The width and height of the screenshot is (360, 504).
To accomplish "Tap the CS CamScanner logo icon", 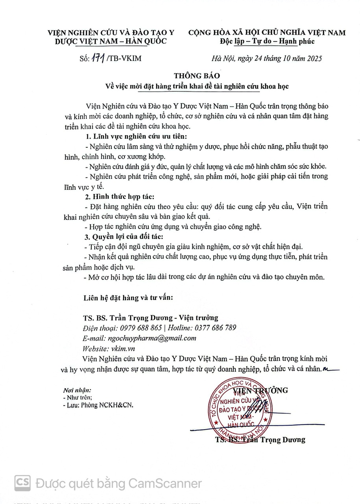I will pos(23,483).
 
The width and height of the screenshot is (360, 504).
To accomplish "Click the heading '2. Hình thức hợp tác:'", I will pos(120,196).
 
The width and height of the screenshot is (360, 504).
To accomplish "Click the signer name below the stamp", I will pos(260,440).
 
